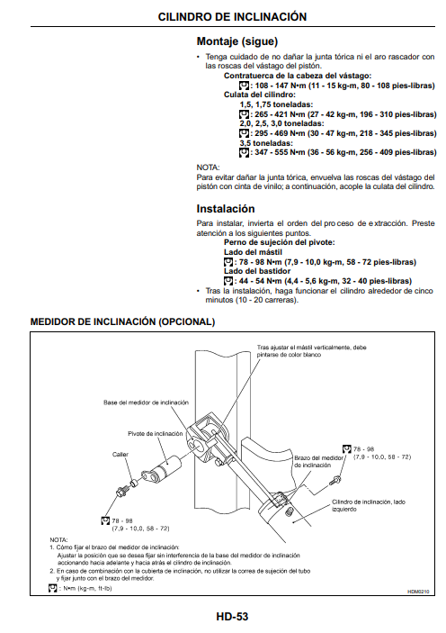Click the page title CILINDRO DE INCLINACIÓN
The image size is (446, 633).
point(232,16)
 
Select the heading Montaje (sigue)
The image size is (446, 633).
point(237,41)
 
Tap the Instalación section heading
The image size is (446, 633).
point(226,209)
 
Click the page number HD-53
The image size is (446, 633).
point(232,617)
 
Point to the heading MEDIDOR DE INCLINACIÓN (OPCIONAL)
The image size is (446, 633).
point(122,321)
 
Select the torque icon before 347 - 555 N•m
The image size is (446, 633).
point(244,152)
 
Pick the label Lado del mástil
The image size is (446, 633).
point(253,252)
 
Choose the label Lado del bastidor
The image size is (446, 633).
point(257,271)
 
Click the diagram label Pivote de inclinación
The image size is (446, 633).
point(156,434)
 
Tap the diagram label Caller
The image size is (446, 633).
point(120,454)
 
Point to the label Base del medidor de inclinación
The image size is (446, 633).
point(146,402)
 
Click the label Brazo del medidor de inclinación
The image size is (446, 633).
point(318,461)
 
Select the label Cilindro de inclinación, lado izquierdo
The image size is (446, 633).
point(369,505)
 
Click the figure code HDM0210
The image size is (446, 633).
point(418,592)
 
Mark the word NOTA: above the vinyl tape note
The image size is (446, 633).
point(208,167)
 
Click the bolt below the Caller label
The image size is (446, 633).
point(121,492)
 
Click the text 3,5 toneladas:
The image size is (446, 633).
point(266,143)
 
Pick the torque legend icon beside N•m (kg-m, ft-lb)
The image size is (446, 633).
point(52,589)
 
